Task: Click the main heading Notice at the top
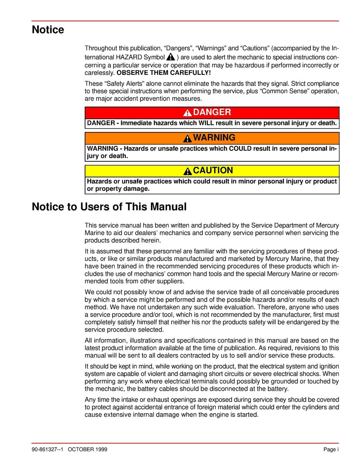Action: click(48, 30)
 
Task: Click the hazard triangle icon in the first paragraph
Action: click(171, 57)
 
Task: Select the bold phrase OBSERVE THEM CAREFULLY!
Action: click(164, 73)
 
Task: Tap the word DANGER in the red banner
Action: click(212, 112)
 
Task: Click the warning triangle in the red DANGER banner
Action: click(187, 112)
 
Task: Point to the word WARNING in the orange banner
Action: click(214, 137)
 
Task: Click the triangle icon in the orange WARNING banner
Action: click(188, 138)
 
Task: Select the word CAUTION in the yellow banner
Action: click(213, 170)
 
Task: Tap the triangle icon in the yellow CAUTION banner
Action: click(188, 171)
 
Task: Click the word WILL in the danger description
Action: click(206, 123)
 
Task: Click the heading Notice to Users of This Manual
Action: click(109, 207)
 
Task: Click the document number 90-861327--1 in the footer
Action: click(47, 449)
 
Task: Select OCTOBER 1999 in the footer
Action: click(88, 449)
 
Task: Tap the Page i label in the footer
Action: click(331, 449)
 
